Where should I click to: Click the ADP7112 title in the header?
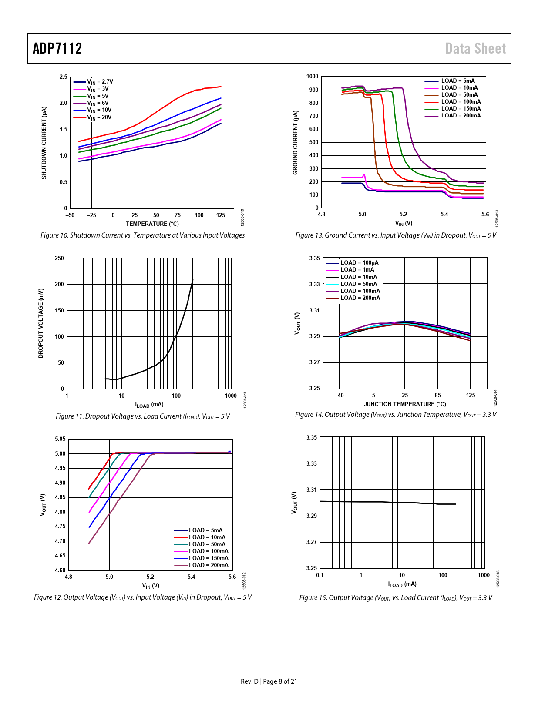pos(57,48)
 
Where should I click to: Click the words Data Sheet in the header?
pos(475,48)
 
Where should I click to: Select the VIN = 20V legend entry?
pos(99,117)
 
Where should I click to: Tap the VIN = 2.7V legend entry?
pos(100,81)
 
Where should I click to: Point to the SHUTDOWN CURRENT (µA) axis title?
pos(44,143)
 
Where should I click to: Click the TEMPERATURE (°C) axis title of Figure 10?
pos(152,224)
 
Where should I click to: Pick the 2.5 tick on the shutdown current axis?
pos(64,77)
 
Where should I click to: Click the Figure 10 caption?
pos(142,235)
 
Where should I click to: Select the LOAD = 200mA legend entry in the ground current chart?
pos(461,116)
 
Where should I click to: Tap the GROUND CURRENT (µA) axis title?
pos(296,143)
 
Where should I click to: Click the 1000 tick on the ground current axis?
pos(313,77)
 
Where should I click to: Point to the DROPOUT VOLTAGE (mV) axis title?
pos(41,323)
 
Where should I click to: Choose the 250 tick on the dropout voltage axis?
pos(59,258)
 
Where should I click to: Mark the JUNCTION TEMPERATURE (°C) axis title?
pos(405,404)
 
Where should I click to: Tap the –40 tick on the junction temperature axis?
pos(339,396)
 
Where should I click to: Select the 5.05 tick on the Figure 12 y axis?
pos(60,439)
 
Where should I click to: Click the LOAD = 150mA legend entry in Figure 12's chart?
pos(209,558)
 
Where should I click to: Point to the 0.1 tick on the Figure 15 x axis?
pos(320,575)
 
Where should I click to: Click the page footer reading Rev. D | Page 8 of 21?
pos(269,681)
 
